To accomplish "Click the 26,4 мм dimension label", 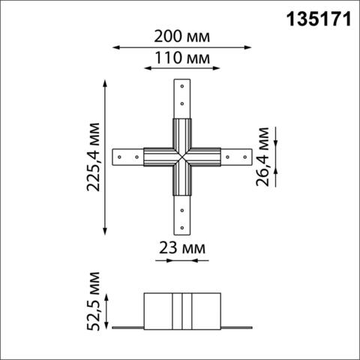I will tap(265, 158).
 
